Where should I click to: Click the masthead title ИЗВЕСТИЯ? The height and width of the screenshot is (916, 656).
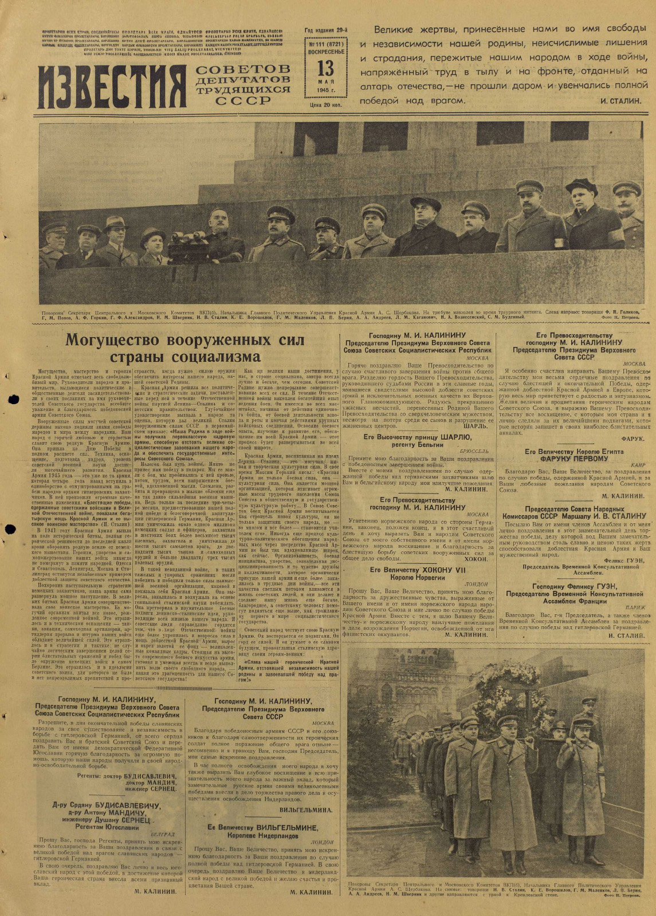coord(111,84)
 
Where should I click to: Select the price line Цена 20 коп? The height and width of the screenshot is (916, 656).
coord(325,105)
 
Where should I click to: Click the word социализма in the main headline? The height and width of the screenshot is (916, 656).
coord(215,357)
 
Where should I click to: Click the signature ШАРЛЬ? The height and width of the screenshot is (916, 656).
coord(479,427)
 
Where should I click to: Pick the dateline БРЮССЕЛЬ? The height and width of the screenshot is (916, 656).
coord(476,451)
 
